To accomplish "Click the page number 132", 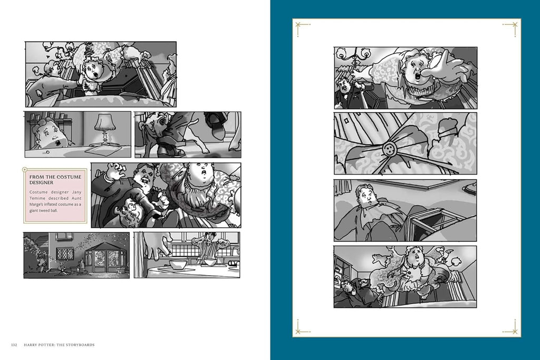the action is click(x=14, y=345).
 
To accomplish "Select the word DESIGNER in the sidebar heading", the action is click(x=41, y=182).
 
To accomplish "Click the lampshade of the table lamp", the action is click(x=105, y=122).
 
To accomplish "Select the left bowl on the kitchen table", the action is click(x=178, y=265).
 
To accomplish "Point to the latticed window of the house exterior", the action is click(x=65, y=254).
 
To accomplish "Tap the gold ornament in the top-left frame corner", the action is click(x=303, y=28).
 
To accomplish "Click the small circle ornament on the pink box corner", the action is click(x=25, y=169).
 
